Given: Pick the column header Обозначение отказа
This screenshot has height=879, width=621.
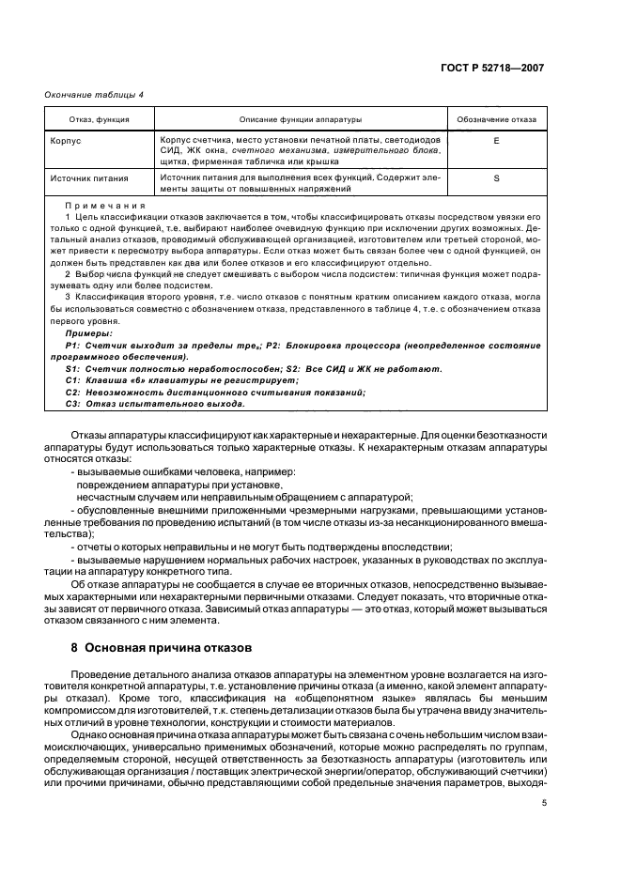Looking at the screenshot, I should coord(496,120).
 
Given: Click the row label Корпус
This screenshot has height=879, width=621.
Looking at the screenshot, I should coord(66,139).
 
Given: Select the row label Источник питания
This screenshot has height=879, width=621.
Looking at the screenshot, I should coord(89,177).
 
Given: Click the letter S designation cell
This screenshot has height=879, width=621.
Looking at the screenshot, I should coord(495,177).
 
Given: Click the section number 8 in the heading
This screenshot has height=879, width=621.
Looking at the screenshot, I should coord(75,647).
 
